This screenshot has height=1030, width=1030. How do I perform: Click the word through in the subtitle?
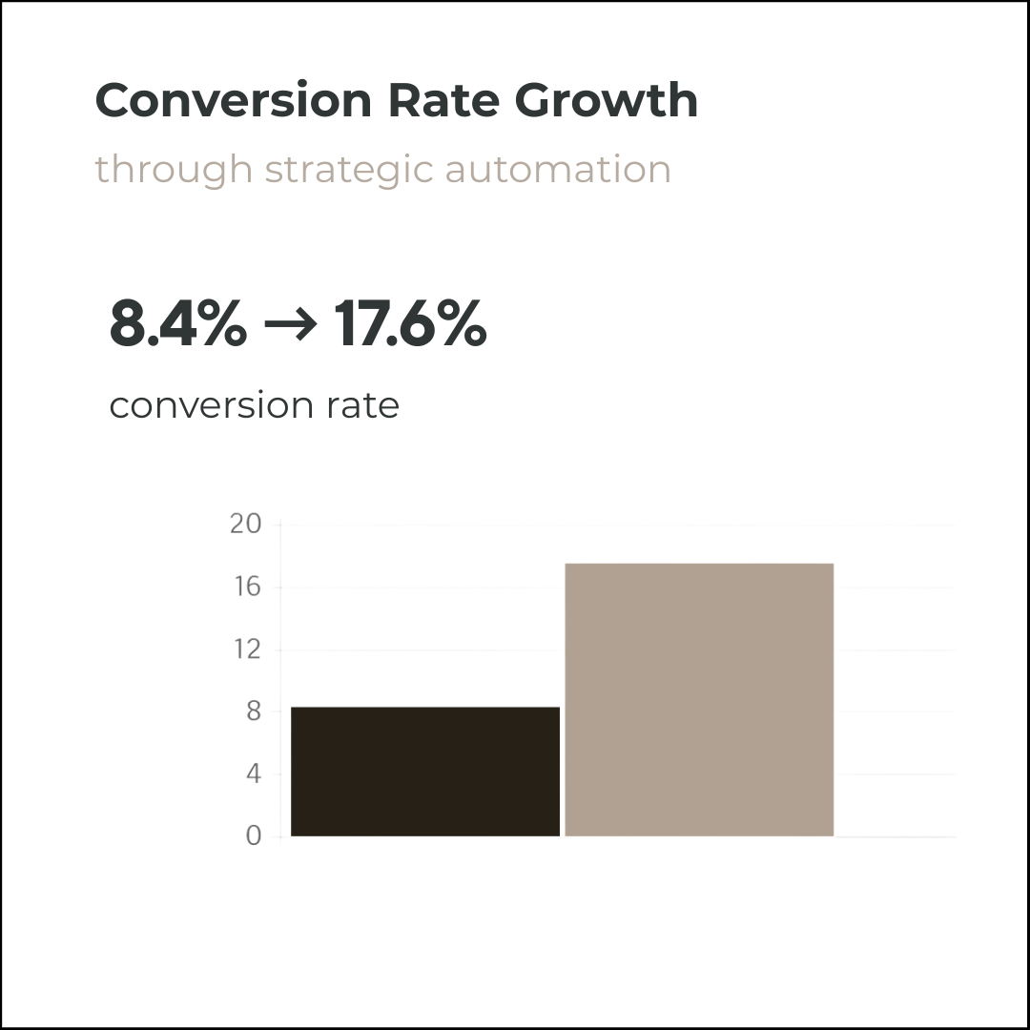pos(174,171)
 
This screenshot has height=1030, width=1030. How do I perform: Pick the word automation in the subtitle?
pos(558,169)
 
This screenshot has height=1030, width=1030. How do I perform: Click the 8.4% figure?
pos(177,324)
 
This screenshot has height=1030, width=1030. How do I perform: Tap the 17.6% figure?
pos(411,324)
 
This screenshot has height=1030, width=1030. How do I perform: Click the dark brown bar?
pos(425,772)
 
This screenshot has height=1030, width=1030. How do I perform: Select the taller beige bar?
pos(699,700)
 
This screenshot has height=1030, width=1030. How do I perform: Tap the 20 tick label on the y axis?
pos(245,524)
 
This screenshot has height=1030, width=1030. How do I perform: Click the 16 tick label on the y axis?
pos(245,587)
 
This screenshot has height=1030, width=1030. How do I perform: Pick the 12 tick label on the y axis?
pos(245,649)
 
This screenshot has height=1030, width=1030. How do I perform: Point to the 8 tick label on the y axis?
pos(253,711)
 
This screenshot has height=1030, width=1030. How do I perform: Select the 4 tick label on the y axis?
pos(253,773)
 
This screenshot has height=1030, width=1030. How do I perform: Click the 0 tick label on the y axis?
pos(253,836)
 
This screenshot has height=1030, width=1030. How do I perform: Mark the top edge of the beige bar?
pos(699,564)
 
